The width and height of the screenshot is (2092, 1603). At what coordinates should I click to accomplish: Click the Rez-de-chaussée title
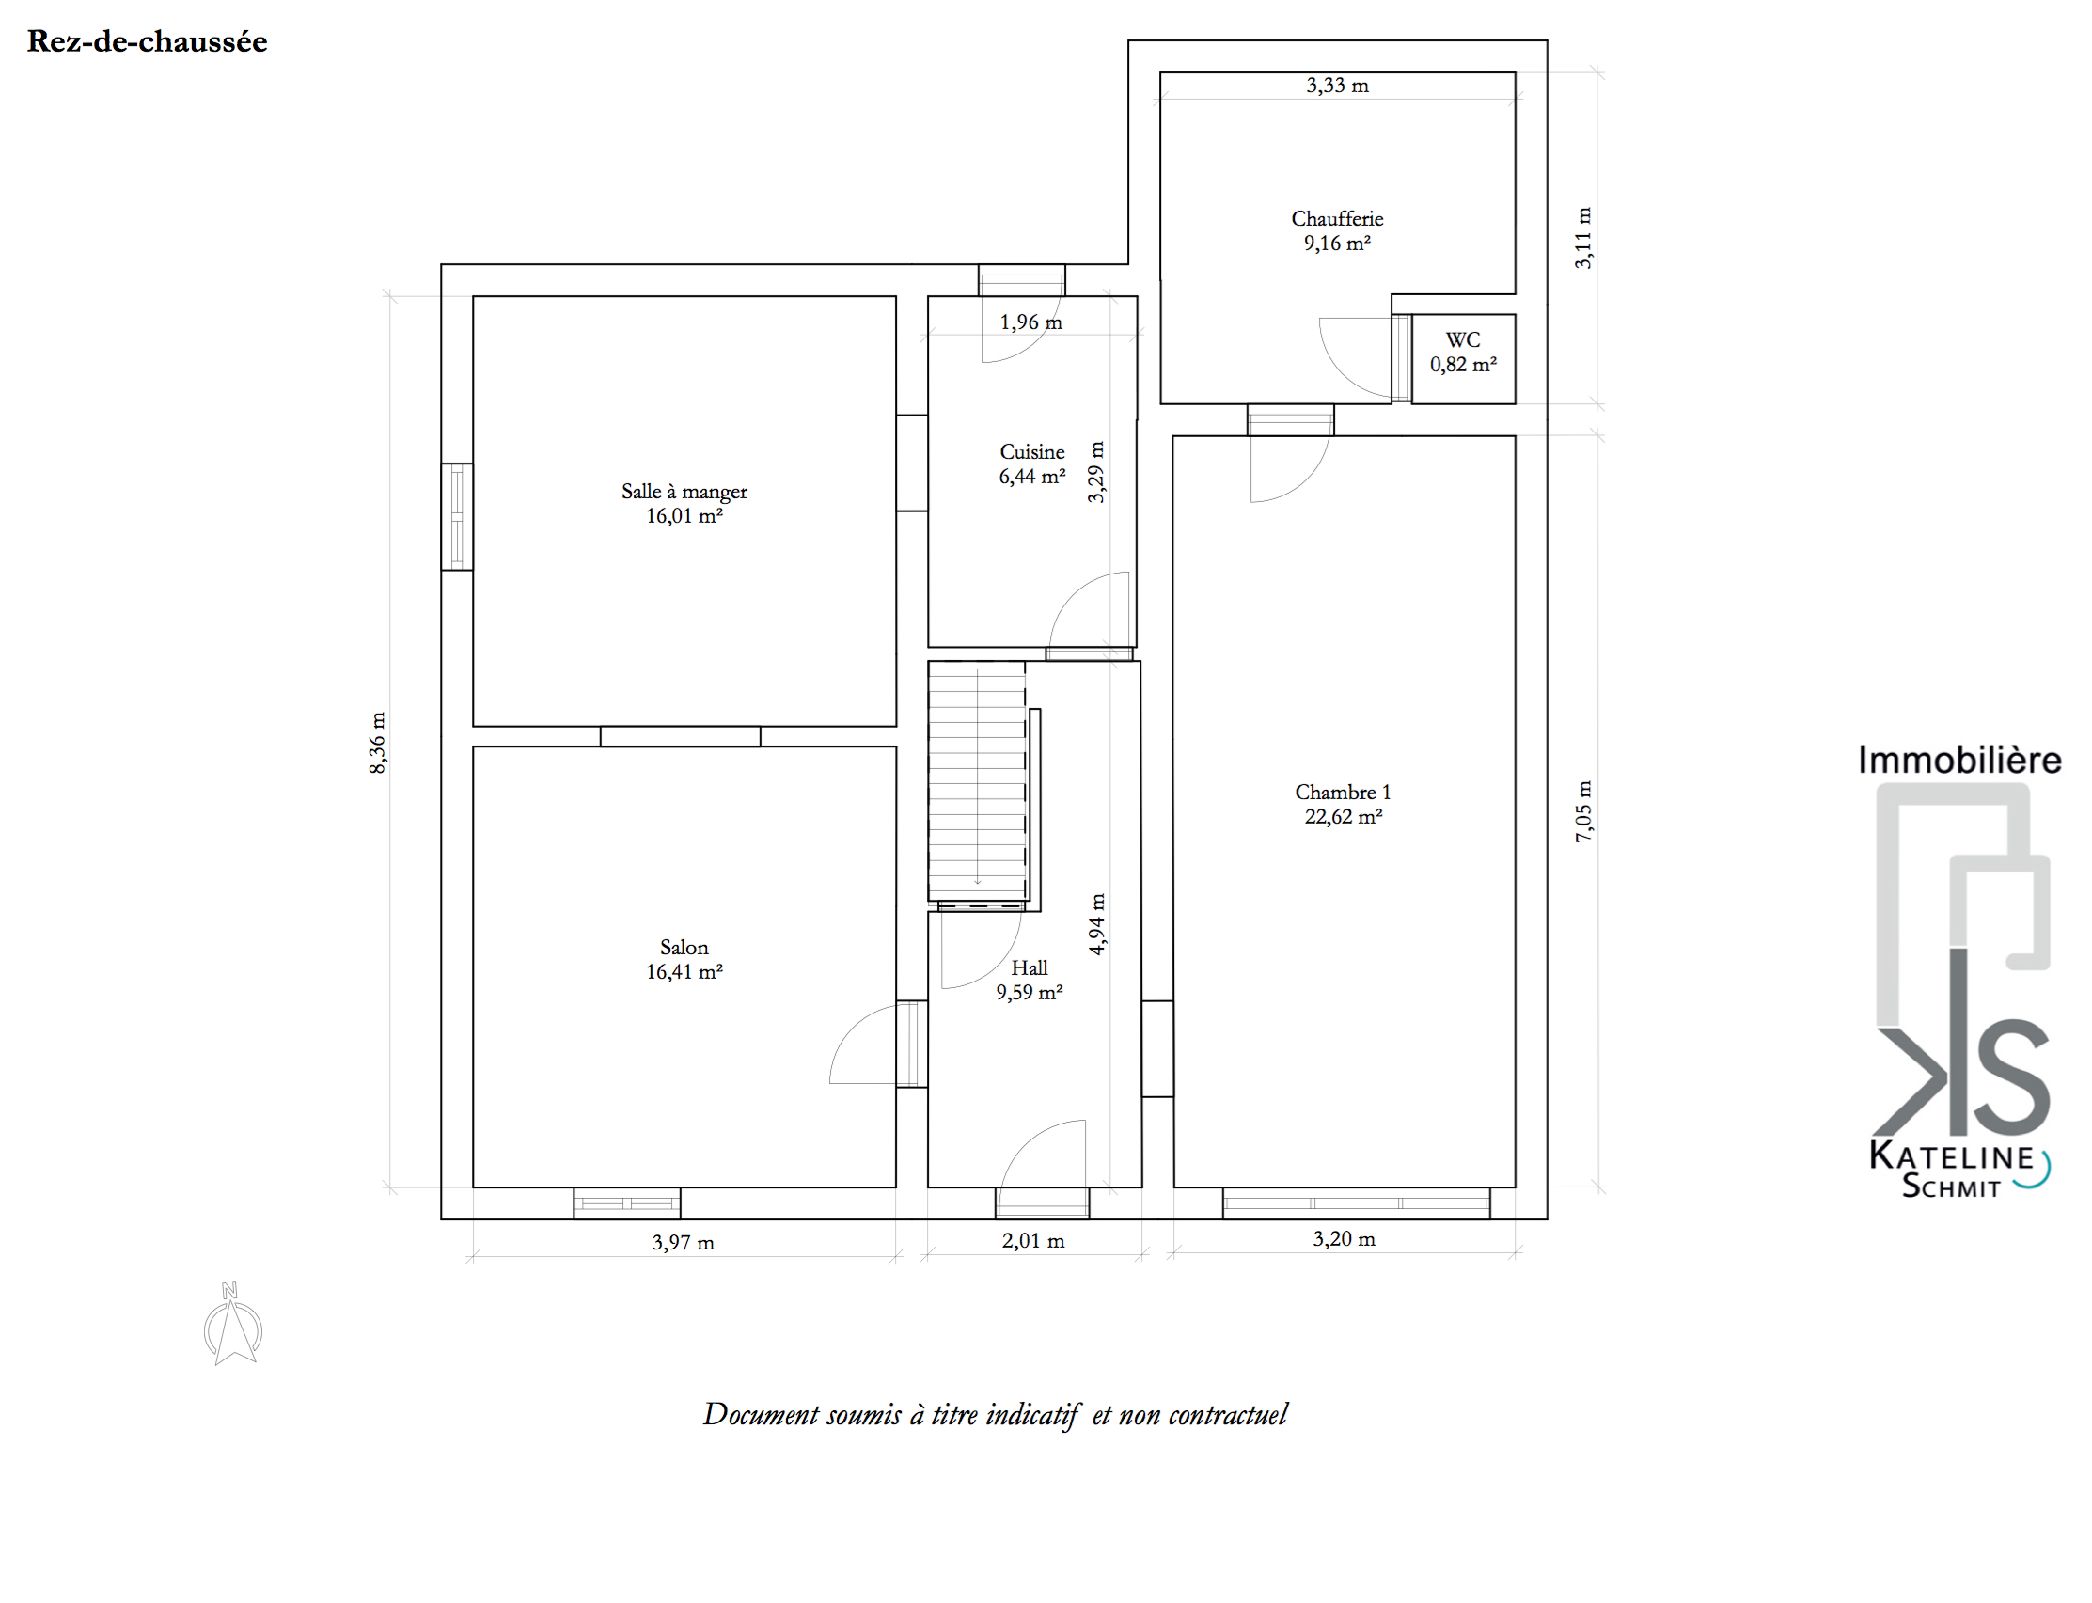[147, 41]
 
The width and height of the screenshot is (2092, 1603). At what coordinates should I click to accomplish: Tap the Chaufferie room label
[1336, 231]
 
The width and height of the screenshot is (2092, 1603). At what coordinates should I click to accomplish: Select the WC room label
[1462, 352]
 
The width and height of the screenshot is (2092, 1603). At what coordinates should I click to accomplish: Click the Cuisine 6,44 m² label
[1032, 464]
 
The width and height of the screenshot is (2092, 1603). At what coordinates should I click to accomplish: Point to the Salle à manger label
[684, 504]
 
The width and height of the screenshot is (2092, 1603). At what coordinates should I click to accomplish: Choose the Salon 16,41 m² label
[684, 959]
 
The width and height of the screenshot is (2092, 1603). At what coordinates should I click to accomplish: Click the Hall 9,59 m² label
[1030, 980]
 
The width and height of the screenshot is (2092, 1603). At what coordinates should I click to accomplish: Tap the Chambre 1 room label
[1344, 804]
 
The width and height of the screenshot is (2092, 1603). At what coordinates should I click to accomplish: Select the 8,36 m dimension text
[378, 743]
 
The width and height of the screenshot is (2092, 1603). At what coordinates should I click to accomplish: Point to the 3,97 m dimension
[683, 1242]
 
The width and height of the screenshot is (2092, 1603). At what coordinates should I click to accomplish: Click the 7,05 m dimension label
[1583, 811]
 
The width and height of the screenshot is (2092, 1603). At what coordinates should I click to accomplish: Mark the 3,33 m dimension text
[1337, 85]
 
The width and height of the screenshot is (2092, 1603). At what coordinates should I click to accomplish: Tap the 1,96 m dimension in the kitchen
[1031, 322]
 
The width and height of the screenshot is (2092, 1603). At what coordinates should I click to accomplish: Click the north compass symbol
[233, 1324]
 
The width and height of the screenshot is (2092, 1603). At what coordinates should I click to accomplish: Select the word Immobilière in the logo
[1959, 760]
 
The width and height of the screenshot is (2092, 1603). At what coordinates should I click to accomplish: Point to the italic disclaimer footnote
[995, 1415]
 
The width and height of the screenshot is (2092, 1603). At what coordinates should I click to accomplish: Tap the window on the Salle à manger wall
[457, 516]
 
